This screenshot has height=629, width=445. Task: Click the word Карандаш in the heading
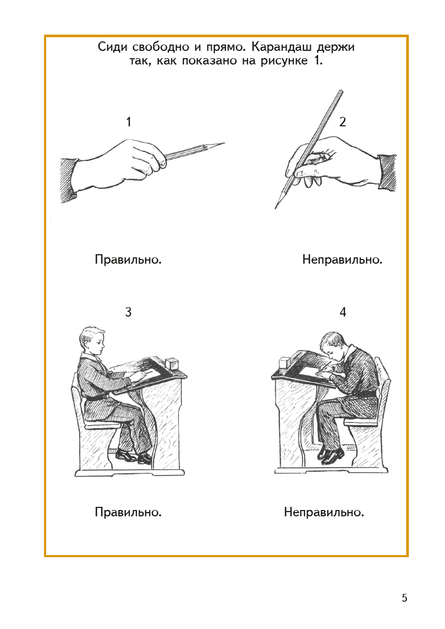[281, 47]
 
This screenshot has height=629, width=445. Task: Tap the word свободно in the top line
[160, 47]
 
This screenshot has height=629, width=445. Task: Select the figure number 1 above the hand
[128, 122]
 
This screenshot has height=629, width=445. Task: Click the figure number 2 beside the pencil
[342, 122]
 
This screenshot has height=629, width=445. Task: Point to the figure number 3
[128, 312]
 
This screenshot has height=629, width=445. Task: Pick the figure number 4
[343, 312]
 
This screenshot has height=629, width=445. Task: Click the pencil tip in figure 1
[224, 143]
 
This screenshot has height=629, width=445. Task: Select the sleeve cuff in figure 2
[387, 173]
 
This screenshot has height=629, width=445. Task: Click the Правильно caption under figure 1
[128, 260]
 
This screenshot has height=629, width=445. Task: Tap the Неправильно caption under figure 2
[342, 260]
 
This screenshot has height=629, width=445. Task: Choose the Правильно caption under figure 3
[128, 512]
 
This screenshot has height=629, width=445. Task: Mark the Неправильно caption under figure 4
[324, 512]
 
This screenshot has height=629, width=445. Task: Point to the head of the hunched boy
[334, 347]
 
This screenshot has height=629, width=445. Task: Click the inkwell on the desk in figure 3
[172, 365]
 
